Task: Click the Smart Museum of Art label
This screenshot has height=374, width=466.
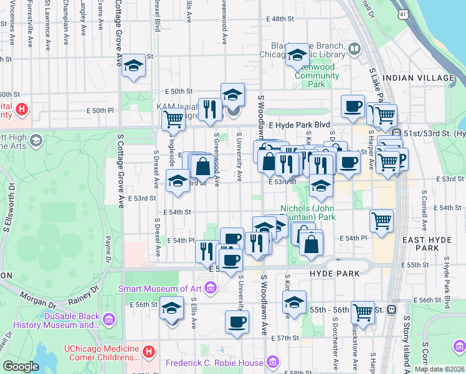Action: [161, 289]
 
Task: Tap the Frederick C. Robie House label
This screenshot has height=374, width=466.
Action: [214, 363]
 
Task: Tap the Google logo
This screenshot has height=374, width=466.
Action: [20, 367]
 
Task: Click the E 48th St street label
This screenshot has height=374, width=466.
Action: [283, 19]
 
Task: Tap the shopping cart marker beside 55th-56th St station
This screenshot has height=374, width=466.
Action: [363, 311]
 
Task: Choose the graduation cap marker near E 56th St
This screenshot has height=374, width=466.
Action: [171, 308]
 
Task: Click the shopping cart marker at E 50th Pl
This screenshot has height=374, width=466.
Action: [173, 118]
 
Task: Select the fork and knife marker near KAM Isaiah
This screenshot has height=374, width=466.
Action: [210, 109]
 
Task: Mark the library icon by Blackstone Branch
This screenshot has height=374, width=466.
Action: [354, 49]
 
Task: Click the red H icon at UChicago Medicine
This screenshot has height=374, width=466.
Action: [148, 352]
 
